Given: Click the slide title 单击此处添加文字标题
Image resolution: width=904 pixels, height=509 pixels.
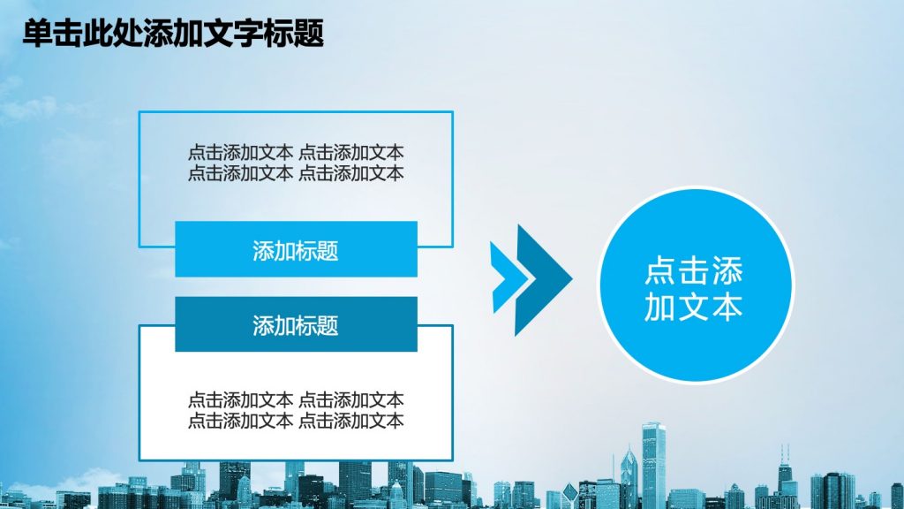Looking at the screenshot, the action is click(x=173, y=33).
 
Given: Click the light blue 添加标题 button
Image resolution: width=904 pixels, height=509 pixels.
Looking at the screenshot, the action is click(x=296, y=249).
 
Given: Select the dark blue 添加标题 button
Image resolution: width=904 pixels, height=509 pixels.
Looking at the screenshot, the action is click(x=296, y=324).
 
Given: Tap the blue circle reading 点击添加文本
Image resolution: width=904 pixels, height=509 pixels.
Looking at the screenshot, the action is click(x=696, y=285).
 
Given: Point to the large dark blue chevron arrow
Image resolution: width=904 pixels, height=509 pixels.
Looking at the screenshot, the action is click(x=543, y=280).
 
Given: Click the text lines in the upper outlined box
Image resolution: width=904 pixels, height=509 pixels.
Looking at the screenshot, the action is click(x=296, y=163).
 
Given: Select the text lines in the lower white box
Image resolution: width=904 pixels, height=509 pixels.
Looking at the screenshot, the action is click(x=296, y=410).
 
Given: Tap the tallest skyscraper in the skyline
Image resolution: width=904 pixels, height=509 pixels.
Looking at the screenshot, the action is click(x=654, y=465).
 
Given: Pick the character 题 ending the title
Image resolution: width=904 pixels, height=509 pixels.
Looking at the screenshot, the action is click(x=309, y=34).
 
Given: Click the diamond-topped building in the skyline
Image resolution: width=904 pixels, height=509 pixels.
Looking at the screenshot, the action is click(x=570, y=496).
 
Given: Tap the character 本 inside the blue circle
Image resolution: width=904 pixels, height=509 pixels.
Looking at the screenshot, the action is click(x=727, y=307).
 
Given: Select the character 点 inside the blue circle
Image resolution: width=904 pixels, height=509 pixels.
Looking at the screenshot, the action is click(x=660, y=270).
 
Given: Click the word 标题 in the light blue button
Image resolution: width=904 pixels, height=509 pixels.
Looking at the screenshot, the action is click(x=317, y=251).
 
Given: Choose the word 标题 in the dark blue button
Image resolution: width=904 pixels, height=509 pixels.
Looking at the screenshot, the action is click(x=317, y=326).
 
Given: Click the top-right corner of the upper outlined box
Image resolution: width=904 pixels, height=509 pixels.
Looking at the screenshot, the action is click(x=453, y=112).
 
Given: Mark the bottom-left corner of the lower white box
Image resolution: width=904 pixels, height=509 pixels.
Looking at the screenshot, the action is click(x=139, y=460).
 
